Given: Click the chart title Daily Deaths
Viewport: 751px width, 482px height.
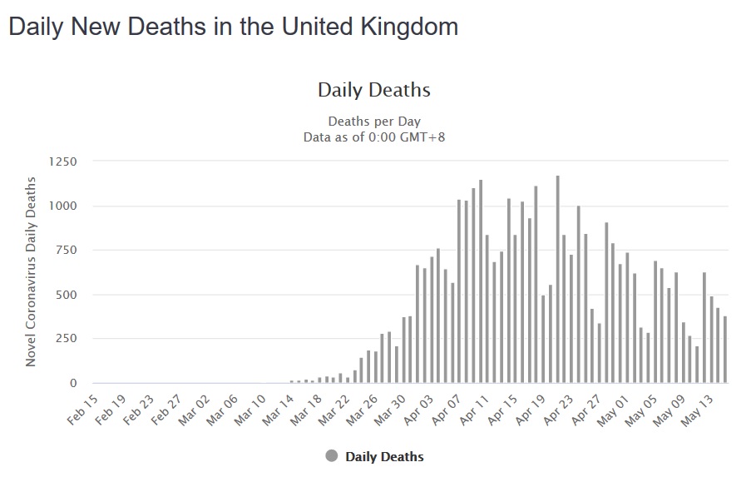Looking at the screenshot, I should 374,90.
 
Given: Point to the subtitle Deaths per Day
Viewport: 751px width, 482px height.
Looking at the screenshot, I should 374,122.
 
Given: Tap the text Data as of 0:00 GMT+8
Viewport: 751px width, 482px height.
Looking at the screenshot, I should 374,137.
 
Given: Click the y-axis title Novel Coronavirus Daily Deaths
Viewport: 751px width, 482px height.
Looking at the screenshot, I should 31,271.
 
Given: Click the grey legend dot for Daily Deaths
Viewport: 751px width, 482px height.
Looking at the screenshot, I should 332,456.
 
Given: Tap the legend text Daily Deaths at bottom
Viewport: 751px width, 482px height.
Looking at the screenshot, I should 384,456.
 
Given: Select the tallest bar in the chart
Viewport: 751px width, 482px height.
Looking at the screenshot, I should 557,279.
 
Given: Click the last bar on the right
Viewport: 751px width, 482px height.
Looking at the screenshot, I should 725,350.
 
